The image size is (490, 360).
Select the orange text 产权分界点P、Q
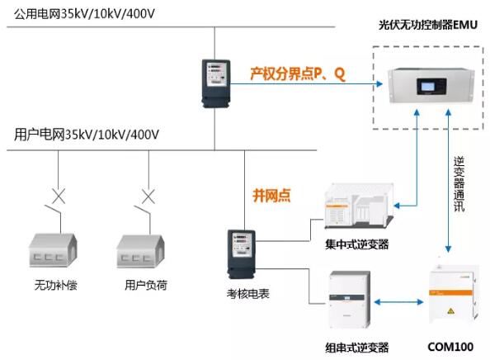point(299,74)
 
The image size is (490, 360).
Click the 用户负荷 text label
point(146,287)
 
